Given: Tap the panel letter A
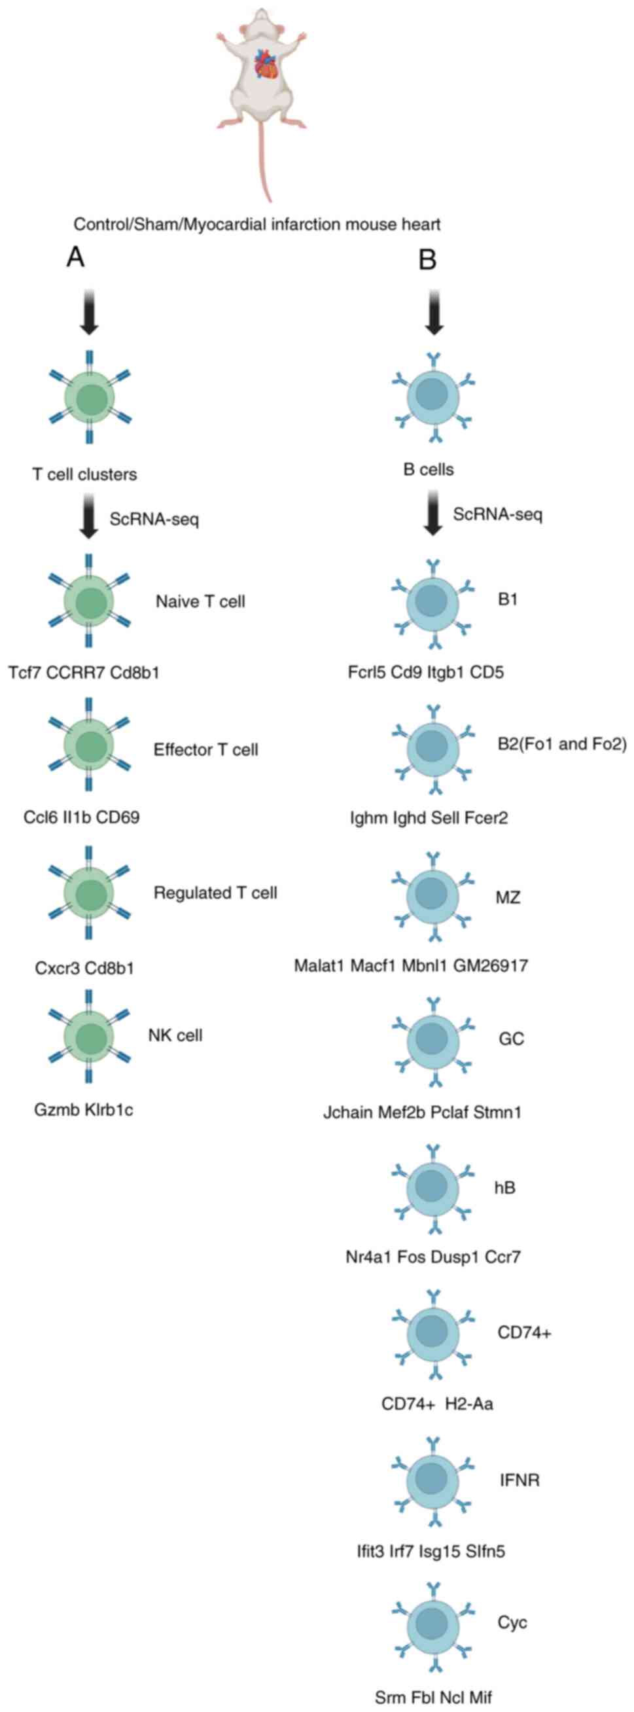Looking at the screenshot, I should point(76,257).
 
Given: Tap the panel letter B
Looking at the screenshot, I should point(427,259).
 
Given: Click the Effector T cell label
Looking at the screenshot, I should point(206,750).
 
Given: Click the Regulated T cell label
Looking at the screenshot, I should point(215,893).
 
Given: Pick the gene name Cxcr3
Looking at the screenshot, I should point(57,968).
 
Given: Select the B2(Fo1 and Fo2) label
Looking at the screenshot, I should point(562,743).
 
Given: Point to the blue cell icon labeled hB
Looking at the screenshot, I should point(433,1186).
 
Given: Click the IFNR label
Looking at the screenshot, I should point(519,1480).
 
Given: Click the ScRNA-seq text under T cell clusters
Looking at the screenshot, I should point(154,519).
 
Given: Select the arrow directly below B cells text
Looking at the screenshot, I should point(433,512).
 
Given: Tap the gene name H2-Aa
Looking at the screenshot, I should point(470,1404).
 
